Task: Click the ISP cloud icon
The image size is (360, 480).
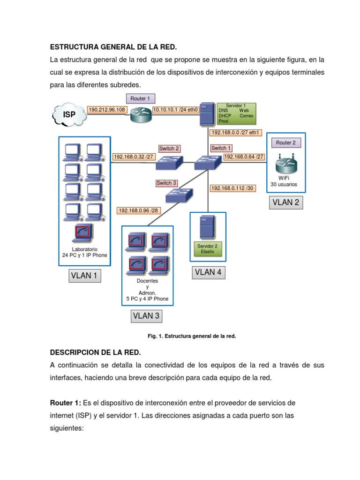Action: tap(69, 114)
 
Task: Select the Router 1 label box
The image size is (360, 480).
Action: tap(140, 98)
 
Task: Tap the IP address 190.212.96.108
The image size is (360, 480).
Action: tap(107, 110)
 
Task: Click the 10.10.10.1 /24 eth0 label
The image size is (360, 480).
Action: tap(175, 110)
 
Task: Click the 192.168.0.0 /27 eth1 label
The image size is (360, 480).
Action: tap(236, 133)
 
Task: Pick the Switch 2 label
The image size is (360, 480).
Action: tap(169, 149)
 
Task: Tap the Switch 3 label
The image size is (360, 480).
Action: tap(167, 183)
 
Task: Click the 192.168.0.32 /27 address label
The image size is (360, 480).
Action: tap(134, 157)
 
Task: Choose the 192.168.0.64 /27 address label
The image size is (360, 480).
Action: tap(244, 157)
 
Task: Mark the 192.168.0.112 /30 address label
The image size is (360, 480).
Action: tap(232, 188)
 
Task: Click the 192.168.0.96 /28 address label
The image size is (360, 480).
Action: tap(139, 210)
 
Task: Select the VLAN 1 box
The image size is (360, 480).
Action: tap(84, 276)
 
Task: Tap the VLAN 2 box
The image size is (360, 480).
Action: tap(286, 203)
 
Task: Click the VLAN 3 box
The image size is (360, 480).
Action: tap(146, 315)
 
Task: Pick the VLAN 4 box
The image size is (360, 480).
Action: tap(208, 272)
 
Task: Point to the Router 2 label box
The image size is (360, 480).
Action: tap(286, 142)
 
